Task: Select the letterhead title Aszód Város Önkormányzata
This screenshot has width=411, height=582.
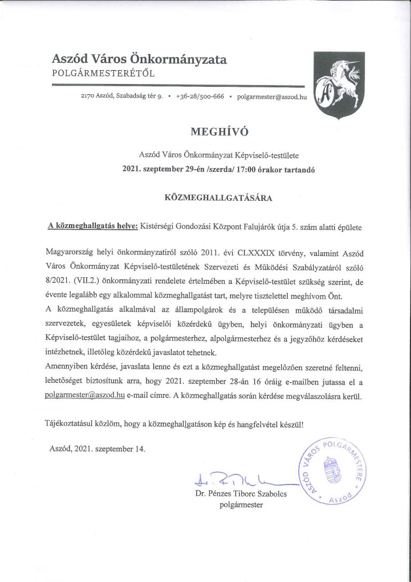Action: (139, 59)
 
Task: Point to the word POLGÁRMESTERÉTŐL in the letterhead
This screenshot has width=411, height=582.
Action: (103, 73)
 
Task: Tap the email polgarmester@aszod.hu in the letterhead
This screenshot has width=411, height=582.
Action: (271, 97)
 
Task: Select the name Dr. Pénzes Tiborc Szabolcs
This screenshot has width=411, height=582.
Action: (241, 494)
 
